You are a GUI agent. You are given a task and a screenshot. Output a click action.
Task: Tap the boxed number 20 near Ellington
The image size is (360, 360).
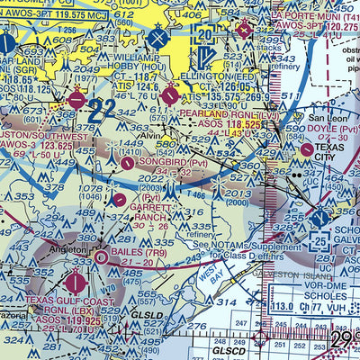(x=205, y=34)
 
